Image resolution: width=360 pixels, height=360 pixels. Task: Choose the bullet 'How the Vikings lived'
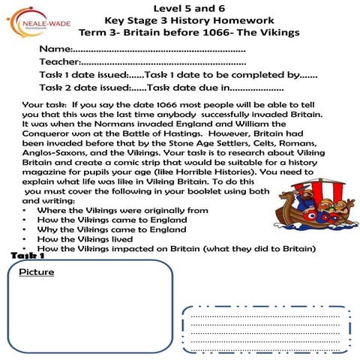tap(89, 239)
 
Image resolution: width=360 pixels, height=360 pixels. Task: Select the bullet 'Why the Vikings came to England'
tap(112, 229)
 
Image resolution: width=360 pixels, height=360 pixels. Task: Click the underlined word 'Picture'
tap(37, 272)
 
